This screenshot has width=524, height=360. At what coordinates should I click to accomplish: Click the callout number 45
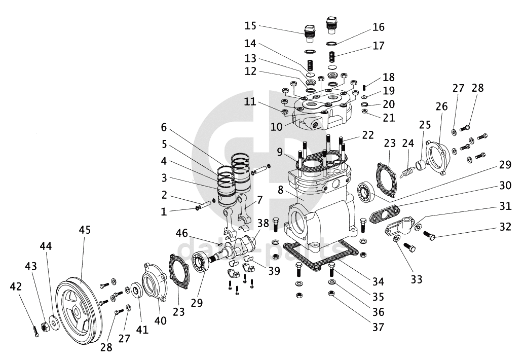(x=85, y=230)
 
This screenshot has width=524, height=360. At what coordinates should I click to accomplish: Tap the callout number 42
(x=16, y=286)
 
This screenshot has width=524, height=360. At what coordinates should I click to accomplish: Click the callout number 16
(x=379, y=27)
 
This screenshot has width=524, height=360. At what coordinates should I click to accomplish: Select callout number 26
(x=441, y=106)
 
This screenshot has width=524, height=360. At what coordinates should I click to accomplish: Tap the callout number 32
(x=504, y=227)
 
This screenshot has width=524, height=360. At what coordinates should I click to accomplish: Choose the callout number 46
(x=182, y=233)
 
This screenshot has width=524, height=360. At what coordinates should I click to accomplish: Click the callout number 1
(x=163, y=212)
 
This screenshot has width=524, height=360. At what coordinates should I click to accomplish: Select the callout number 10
(x=276, y=127)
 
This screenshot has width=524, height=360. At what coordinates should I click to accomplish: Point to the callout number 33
(x=417, y=279)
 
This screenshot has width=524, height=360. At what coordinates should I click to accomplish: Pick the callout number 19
(x=389, y=91)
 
